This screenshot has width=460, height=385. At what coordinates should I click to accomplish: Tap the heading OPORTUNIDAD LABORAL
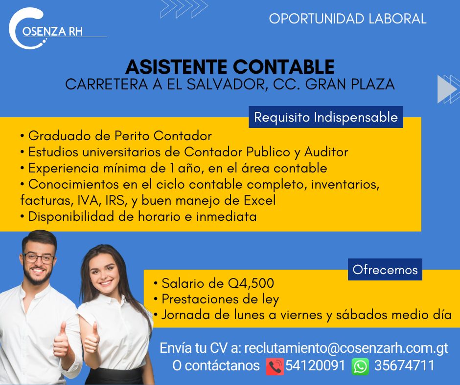pos(347,19)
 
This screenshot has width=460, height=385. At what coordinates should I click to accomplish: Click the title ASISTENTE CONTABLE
pos(230,66)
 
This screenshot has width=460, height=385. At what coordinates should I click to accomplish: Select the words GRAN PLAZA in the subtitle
pos(350,85)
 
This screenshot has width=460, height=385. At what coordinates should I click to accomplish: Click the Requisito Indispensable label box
pos(326,117)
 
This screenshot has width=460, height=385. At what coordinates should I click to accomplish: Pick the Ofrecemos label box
pos(385,270)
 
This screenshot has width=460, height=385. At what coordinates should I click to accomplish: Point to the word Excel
pos(260,200)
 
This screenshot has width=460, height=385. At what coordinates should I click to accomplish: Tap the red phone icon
pos(275,366)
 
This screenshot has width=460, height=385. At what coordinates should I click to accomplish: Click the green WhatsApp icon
pos(360,366)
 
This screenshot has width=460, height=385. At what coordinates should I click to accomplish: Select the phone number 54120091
pos(315,365)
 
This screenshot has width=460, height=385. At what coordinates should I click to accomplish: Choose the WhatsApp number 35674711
pos(404,365)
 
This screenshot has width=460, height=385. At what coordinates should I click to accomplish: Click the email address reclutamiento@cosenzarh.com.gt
pos(346,348)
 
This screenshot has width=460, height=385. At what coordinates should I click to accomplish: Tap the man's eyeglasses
pos(39,258)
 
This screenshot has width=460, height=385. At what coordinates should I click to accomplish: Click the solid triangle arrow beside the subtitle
pos(446,89)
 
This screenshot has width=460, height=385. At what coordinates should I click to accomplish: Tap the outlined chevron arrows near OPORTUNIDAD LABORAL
pos(184,9)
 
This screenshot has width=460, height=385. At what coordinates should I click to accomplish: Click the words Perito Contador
pos(163,136)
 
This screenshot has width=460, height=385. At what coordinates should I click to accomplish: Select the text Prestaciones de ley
pos(220,299)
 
